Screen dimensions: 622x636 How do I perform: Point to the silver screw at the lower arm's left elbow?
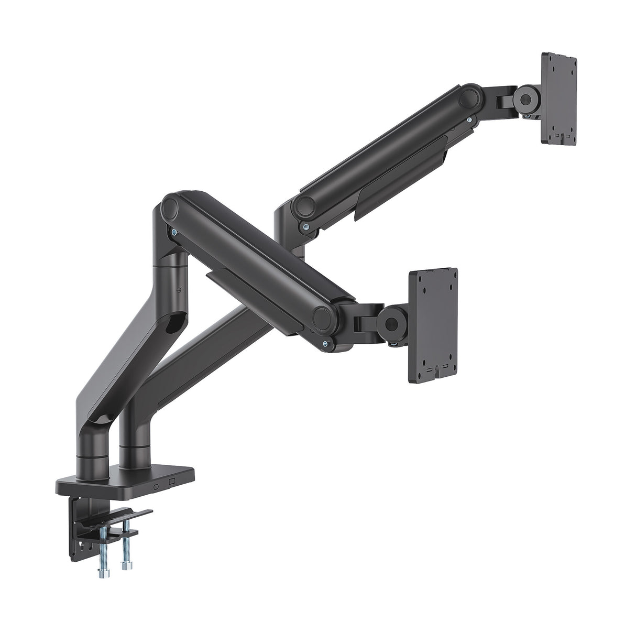pyautogui.click(x=172, y=232)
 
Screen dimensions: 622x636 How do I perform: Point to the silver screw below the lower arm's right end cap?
pyautogui.click(x=326, y=343)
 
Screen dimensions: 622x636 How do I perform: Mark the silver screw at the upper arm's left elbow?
pyautogui.click(x=304, y=226)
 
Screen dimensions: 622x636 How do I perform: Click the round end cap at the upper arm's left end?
pyautogui.click(x=302, y=205)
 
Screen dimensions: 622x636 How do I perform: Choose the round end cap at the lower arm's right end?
pyautogui.click(x=324, y=317)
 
